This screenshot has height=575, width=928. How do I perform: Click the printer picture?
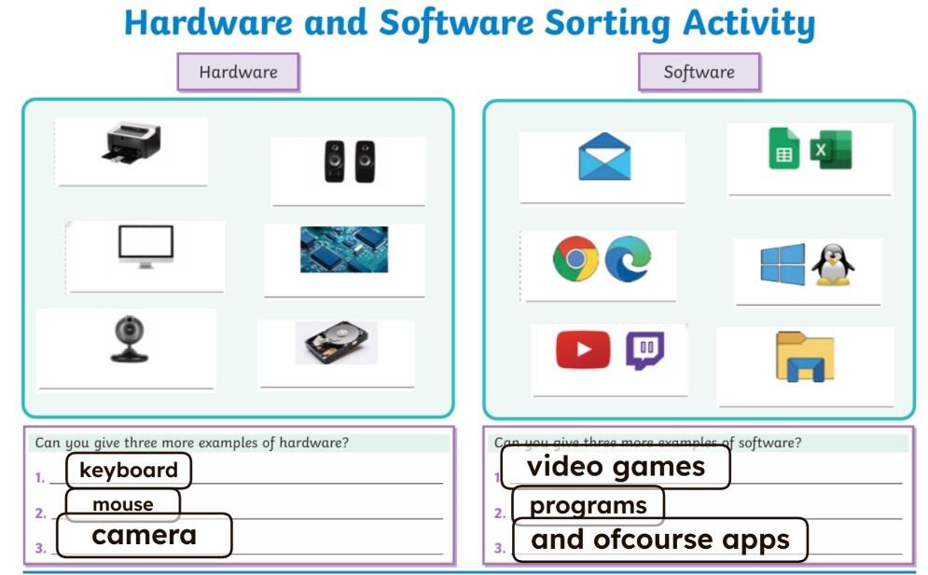pos(132,143)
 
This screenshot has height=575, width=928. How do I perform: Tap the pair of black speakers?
pos(349,161)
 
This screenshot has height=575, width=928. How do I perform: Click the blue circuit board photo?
pos(344,250)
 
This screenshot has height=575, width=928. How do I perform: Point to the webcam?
pos(129,338)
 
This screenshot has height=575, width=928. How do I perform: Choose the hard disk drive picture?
pos(336,343)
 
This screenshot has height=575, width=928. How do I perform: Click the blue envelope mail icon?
pos(604,157)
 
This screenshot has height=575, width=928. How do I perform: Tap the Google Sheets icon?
pos(783,148)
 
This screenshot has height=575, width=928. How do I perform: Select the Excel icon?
pos(831,150)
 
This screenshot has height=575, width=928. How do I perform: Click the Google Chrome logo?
pos(575,258)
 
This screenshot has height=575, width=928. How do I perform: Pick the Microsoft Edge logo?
pos(629,258)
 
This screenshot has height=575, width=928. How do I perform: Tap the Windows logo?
pos(783,265)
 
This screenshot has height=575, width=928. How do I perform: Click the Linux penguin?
pos(833,265)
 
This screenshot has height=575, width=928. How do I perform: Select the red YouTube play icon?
pos(583,349)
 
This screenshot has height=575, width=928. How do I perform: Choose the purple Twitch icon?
pos(645,350)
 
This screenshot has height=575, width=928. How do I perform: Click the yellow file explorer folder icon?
pos(805,356)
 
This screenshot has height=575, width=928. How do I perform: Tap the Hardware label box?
pos(239,72)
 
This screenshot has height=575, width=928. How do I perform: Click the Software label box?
pos(699,72)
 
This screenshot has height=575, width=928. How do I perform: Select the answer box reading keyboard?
pos(129,471)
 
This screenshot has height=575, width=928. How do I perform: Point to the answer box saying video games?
pos(616,467)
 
